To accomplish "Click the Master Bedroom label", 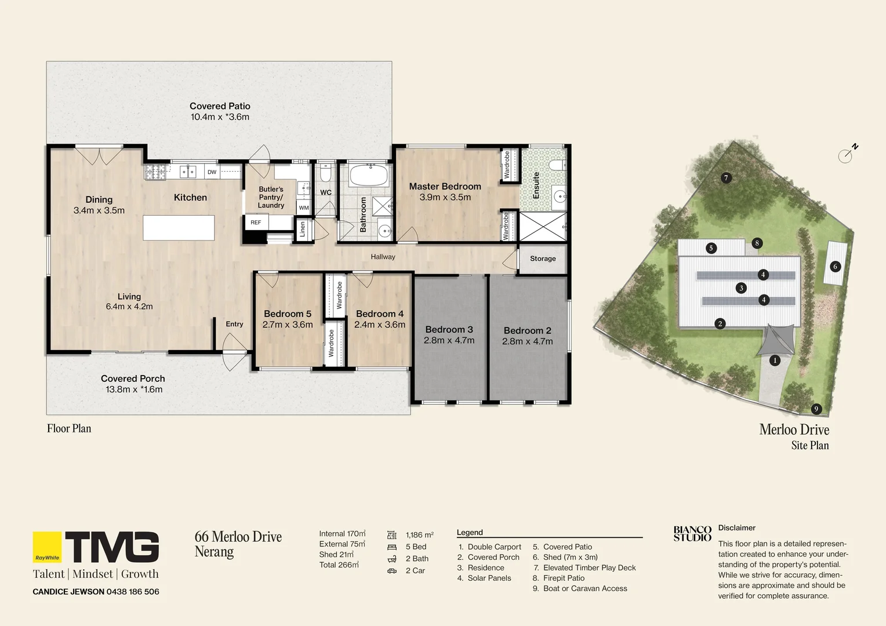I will [x=445, y=187].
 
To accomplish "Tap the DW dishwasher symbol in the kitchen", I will [x=212, y=172].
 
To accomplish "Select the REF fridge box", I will [x=256, y=223].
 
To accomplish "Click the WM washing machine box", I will [x=304, y=208].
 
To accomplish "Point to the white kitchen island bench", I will [x=179, y=228].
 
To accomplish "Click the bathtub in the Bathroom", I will [x=368, y=175].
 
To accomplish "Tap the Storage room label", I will [x=543, y=259].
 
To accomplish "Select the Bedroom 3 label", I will [x=449, y=330].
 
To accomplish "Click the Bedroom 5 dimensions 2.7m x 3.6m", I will [x=288, y=325].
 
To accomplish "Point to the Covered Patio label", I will [x=220, y=106].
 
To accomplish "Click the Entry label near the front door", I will [x=234, y=324].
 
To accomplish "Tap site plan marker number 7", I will [x=726, y=178].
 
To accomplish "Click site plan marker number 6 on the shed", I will [x=835, y=267].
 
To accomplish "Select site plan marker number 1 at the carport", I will [x=775, y=361].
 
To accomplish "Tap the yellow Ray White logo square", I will [x=47, y=547].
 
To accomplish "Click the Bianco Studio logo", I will [x=692, y=534].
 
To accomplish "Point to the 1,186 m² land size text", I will [x=419, y=535].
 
